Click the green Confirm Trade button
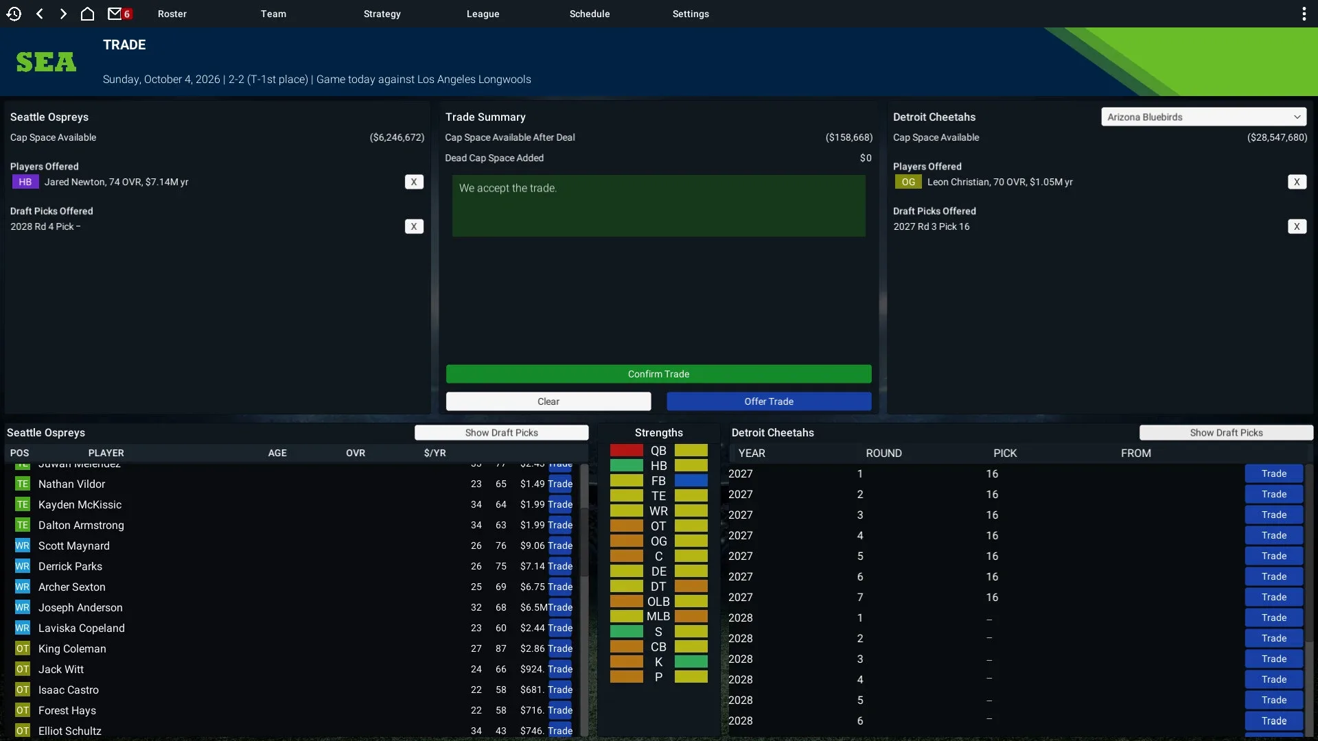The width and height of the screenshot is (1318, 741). (658, 374)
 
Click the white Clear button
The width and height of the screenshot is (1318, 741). (548, 401)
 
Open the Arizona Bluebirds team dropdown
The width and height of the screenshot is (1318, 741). (1203, 117)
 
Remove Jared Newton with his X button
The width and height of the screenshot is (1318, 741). (414, 182)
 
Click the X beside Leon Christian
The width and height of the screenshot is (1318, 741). (1297, 182)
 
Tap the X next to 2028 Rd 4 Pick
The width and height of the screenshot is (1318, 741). (414, 226)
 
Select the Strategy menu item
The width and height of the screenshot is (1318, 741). (382, 14)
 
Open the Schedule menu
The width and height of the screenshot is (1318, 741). (589, 14)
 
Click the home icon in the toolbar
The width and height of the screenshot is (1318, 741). (87, 14)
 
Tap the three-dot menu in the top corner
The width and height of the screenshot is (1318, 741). (1304, 14)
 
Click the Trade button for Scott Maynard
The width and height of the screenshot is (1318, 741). (560, 545)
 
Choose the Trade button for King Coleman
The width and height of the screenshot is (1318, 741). (560, 648)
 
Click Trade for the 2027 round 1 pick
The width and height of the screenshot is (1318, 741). (1273, 473)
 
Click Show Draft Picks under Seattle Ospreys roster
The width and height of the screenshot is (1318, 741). (501, 432)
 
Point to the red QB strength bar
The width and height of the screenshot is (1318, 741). (626, 451)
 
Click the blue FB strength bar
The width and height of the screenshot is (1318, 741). (691, 480)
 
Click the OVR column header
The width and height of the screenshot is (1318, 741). (356, 453)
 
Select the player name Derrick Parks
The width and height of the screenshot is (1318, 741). (70, 566)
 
